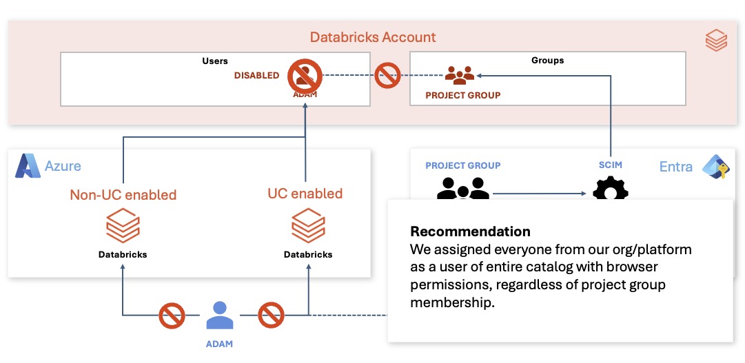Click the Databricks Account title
[372, 37]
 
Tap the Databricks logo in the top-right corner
[716, 40]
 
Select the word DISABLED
[256, 76]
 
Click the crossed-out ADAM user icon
[305, 76]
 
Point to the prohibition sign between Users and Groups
[387, 75]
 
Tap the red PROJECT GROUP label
[462, 96]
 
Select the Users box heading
[215, 61]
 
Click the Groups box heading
[547, 61]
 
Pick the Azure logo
[28, 166]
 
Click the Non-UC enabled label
[123, 195]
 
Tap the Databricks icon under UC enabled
[308, 225]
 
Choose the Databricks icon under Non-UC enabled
[123, 225]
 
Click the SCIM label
[610, 165]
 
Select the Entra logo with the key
[717, 166]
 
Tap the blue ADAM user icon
[220, 315]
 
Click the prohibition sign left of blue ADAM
[171, 315]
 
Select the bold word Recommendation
[471, 231]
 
